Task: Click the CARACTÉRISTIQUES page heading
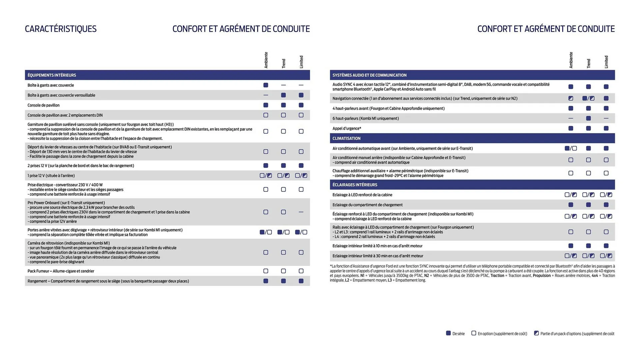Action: [x=61, y=29]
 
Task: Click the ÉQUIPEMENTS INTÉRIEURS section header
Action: [x=52, y=75]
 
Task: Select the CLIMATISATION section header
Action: [x=346, y=138]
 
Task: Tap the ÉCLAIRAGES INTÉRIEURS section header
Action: [x=355, y=185]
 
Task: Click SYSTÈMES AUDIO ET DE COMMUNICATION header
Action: [x=369, y=75]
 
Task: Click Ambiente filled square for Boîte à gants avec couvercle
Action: [x=266, y=85]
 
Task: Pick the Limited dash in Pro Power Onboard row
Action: [x=301, y=212]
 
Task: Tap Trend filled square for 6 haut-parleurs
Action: [x=588, y=118]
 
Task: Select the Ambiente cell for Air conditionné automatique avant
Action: [x=571, y=148]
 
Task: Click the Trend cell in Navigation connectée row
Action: [x=588, y=98]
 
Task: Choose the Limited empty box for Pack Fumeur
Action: [x=301, y=271]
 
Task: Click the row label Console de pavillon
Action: [x=43, y=105]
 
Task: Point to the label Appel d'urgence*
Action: [x=347, y=128]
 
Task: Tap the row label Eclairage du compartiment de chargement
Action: [x=367, y=205]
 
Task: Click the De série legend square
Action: [x=448, y=333]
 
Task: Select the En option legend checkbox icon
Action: [x=474, y=333]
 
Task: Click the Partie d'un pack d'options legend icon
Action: [x=536, y=333]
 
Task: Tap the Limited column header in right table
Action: [x=606, y=62]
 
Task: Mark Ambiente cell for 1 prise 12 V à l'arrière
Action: [x=266, y=175]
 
